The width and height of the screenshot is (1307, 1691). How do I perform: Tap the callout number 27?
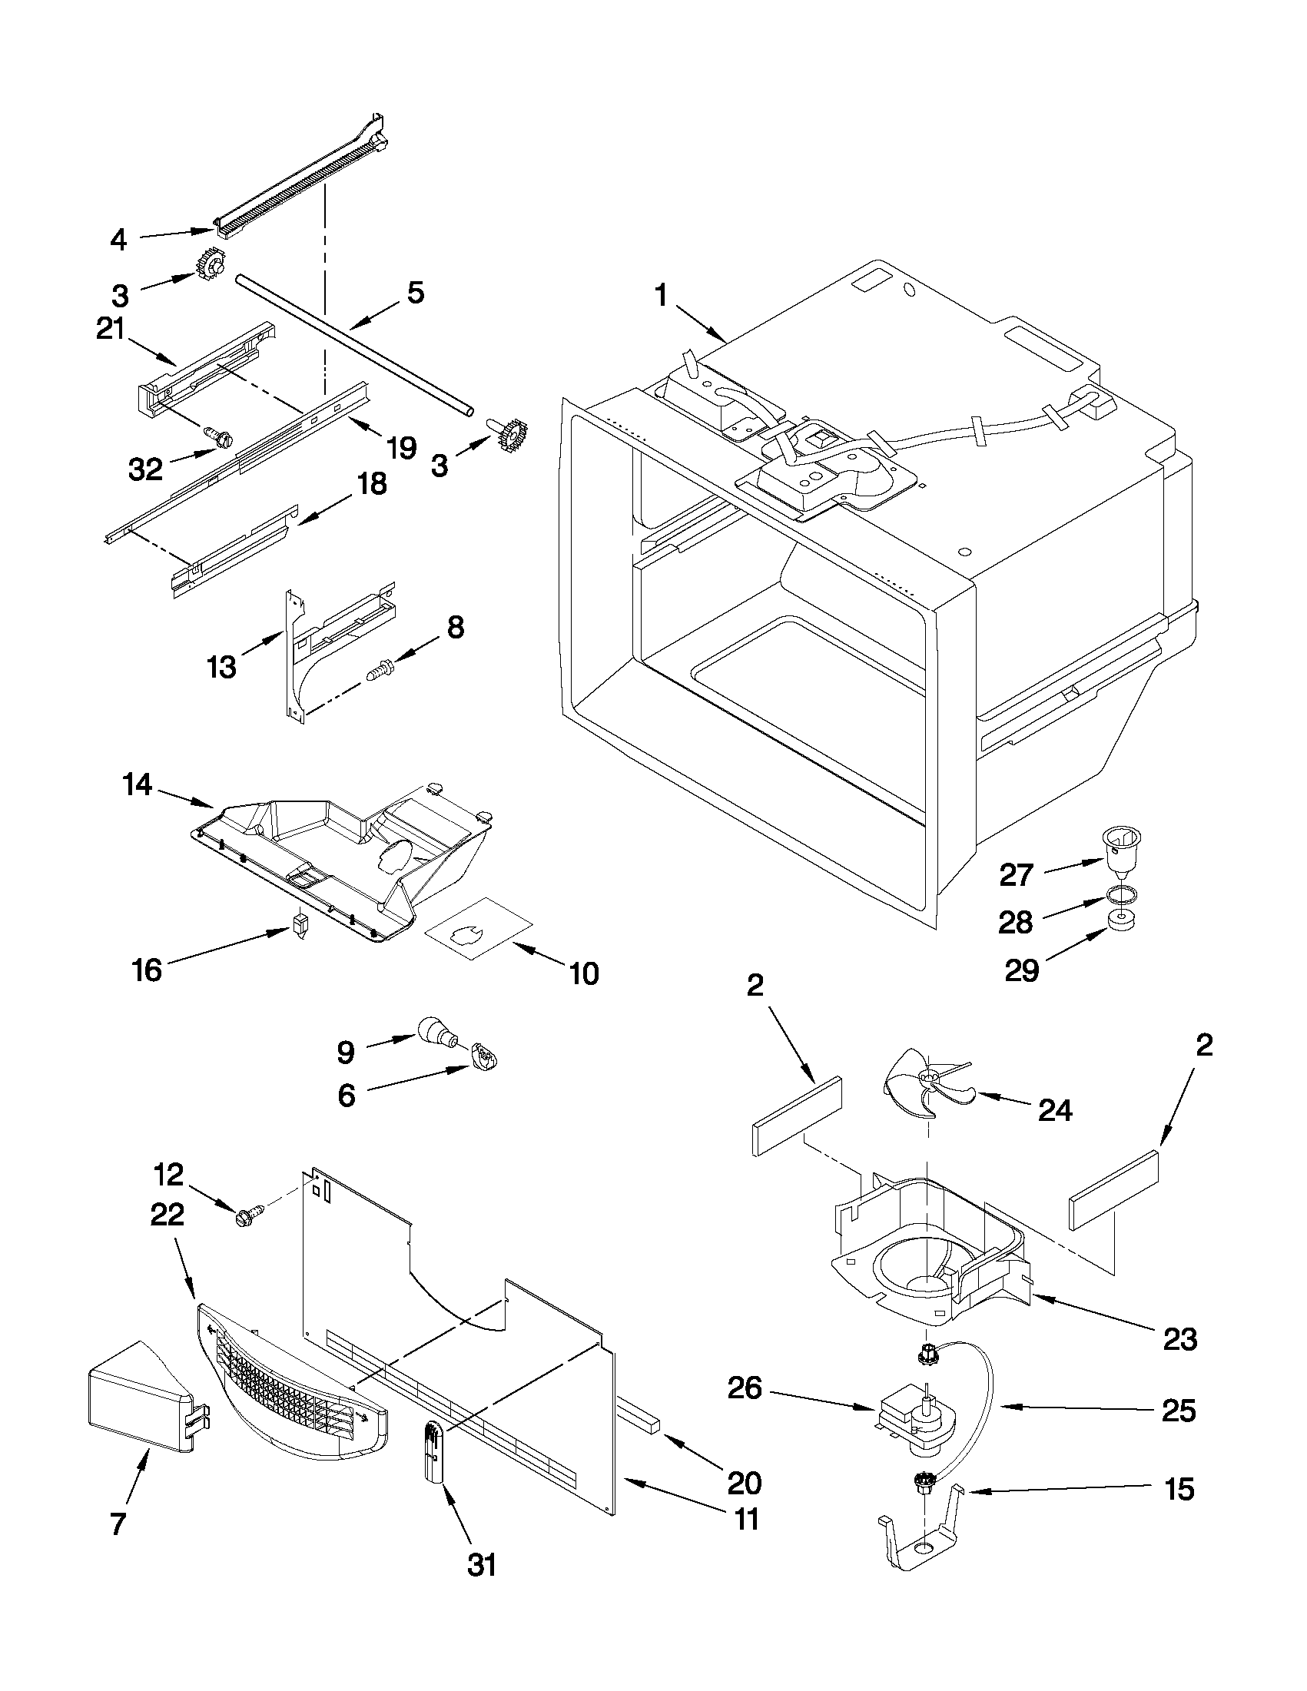pyautogui.click(x=1016, y=875)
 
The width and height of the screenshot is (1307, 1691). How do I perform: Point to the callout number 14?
pyautogui.click(x=137, y=786)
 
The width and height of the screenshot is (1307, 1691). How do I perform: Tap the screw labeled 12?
pyautogui.click(x=246, y=1218)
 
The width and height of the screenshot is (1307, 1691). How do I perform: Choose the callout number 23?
pyautogui.click(x=1180, y=1338)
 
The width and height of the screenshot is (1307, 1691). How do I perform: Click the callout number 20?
pyautogui.click(x=744, y=1482)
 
